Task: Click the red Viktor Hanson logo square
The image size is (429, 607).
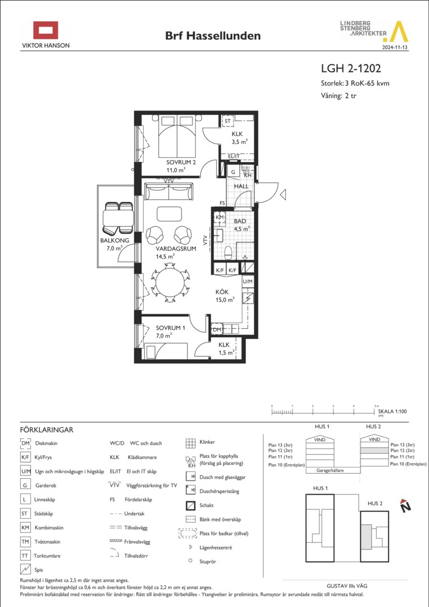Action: click(45, 30)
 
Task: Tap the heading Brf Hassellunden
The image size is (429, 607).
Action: click(213, 36)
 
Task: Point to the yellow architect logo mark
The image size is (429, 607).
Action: click(398, 31)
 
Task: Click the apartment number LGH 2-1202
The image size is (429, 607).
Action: click(351, 69)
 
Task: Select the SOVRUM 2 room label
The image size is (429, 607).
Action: click(181, 162)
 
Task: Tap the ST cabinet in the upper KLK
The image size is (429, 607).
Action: click(227, 121)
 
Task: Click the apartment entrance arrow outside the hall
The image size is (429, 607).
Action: click(283, 194)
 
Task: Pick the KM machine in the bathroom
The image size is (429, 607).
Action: click(220, 218)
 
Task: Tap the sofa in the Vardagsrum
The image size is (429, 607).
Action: click(168, 192)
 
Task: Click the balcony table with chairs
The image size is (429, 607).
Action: click(117, 218)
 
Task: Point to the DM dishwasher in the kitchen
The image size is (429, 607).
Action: click(217, 329)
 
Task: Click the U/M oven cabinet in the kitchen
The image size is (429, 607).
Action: click(248, 282)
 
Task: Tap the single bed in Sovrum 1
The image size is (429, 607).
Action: click(166, 351)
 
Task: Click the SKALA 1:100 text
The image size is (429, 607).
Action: click(393, 411)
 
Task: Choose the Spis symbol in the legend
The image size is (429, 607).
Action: click(25, 569)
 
